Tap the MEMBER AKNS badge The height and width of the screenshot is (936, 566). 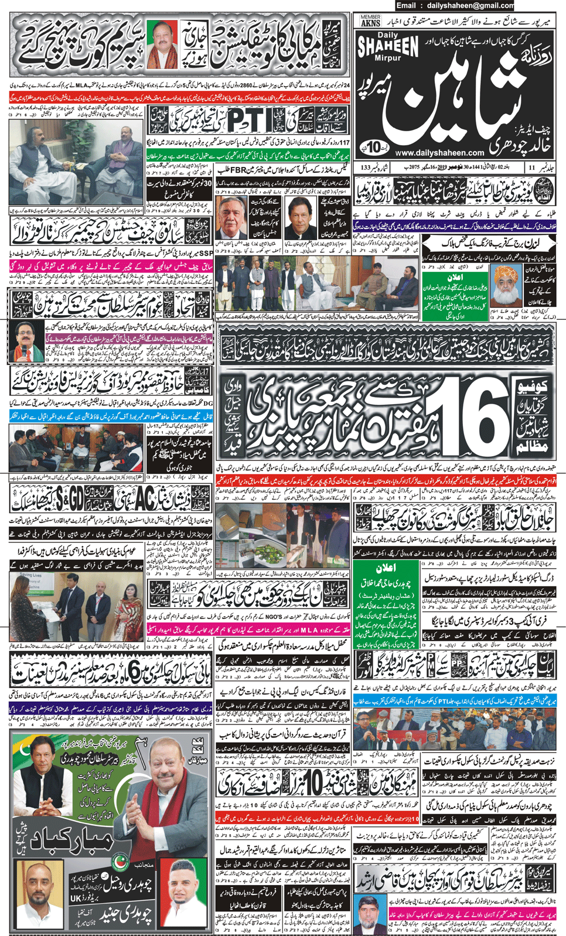(x=370, y=22)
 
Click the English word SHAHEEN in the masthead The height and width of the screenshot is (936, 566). (x=387, y=47)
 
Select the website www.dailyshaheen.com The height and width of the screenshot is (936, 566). (x=431, y=153)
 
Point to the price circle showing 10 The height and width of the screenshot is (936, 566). (x=374, y=145)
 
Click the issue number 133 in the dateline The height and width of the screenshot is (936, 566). (x=366, y=168)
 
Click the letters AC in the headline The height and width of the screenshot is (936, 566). (x=145, y=499)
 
